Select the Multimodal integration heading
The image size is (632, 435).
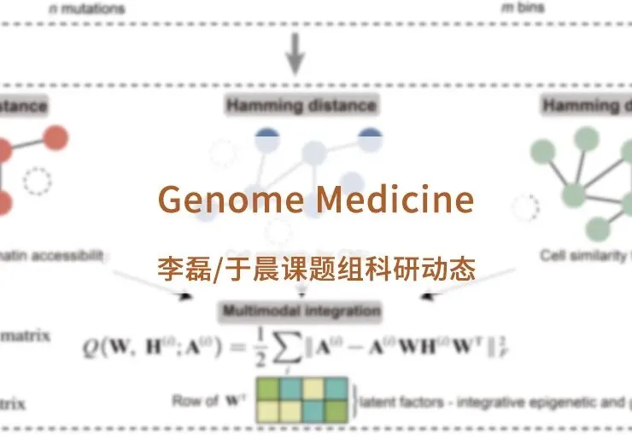click(301, 310)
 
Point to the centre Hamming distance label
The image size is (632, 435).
click(301, 106)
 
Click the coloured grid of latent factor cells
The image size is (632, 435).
click(301, 398)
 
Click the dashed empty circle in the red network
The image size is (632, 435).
click(37, 182)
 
